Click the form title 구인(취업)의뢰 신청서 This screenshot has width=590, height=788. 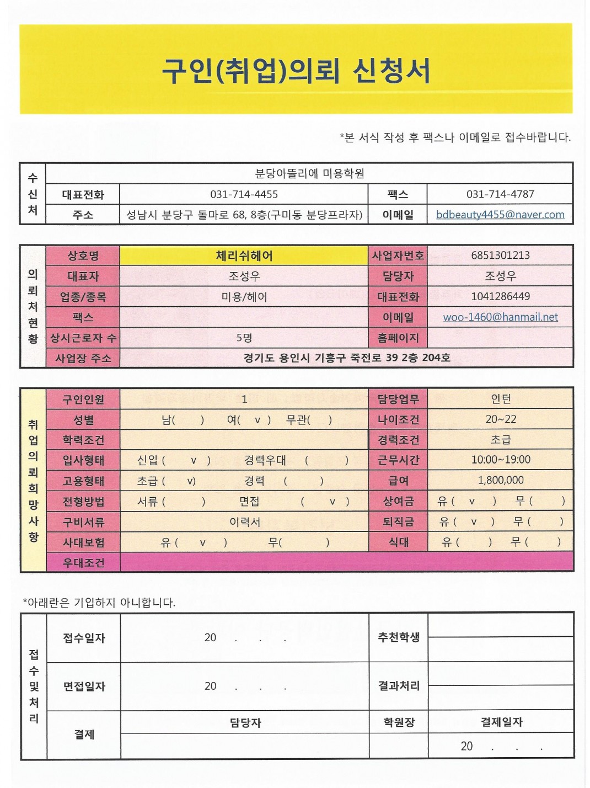[296, 71]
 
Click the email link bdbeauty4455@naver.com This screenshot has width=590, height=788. [500, 215]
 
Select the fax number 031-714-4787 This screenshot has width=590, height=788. [500, 194]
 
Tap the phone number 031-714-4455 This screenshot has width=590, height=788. [244, 194]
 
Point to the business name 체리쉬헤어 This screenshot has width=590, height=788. [244, 255]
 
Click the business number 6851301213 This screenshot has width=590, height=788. [500, 255]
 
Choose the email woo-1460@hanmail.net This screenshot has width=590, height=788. [500, 317]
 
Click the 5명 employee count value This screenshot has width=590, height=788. [244, 338]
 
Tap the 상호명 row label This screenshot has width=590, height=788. [83, 255]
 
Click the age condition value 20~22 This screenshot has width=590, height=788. [500, 419]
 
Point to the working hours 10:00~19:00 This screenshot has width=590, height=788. [500, 460]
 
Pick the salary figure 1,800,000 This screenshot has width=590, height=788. [500, 480]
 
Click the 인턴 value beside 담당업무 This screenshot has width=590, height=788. [500, 399]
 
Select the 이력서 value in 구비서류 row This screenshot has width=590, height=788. [244, 521]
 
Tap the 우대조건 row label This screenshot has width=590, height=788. [83, 563]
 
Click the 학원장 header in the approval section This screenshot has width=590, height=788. [399, 722]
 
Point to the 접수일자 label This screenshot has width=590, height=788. [84, 638]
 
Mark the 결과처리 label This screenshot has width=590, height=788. [399, 686]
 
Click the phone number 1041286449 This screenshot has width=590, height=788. [500, 296]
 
